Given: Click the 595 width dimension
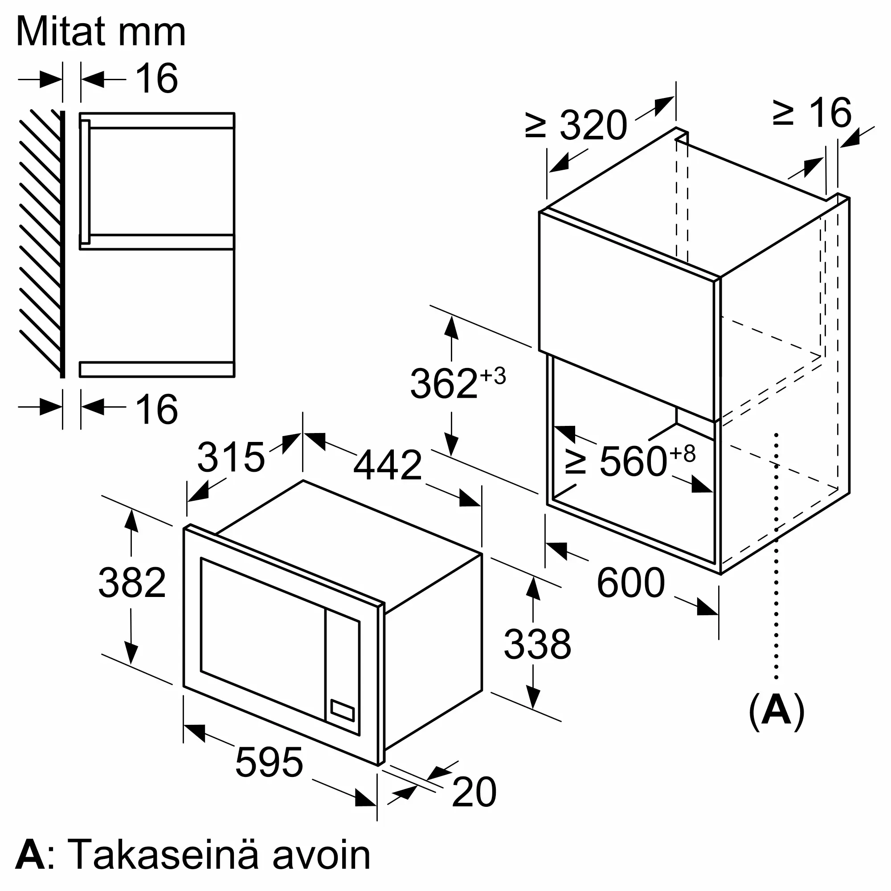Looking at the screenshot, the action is tap(269, 762).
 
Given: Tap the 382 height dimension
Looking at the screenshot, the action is tap(132, 582).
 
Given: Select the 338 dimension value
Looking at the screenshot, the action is tap(537, 644).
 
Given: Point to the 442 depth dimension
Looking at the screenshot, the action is tap(388, 465).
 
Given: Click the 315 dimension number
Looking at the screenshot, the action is tap(231, 457).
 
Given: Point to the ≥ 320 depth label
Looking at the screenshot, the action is tap(576, 125).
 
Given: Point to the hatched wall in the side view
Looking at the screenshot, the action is tap(41, 240).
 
